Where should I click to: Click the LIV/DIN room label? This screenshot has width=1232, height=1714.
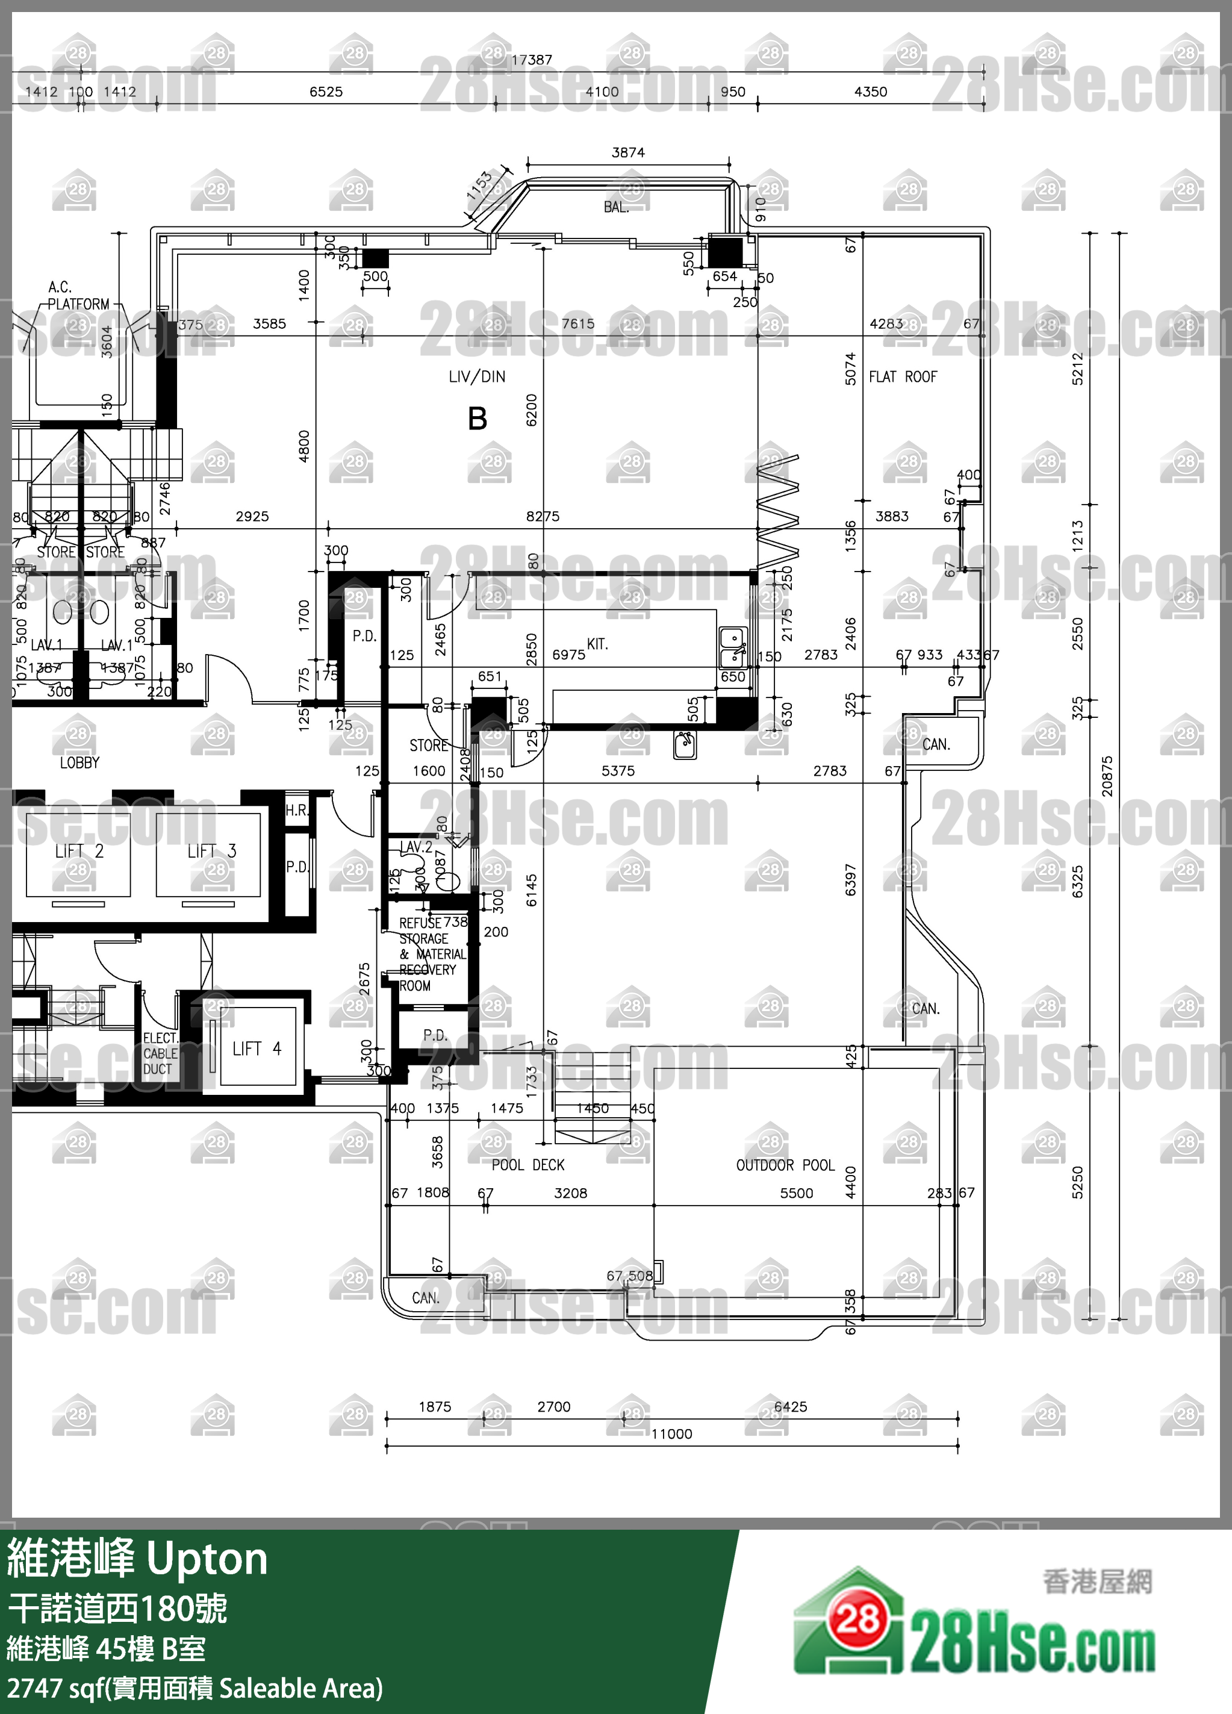click(x=477, y=376)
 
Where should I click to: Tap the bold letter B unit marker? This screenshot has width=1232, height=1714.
click(x=478, y=419)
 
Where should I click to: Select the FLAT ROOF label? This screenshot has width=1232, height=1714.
click(x=903, y=376)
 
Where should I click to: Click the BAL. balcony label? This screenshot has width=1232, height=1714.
click(x=616, y=207)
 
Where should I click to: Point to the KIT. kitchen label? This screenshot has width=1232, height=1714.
click(x=597, y=644)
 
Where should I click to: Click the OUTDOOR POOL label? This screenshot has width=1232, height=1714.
click(x=785, y=1165)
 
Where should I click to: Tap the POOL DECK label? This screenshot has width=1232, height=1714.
click(x=527, y=1165)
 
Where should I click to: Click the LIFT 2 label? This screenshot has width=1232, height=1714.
click(x=79, y=851)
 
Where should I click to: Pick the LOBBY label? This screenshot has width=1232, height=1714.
click(x=79, y=762)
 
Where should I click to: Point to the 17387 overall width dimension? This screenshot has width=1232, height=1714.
click(x=531, y=60)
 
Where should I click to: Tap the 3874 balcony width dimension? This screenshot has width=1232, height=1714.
click(x=628, y=152)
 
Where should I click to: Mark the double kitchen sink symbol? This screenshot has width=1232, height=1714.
click(x=732, y=647)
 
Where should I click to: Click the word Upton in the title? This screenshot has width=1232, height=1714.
click(x=207, y=1559)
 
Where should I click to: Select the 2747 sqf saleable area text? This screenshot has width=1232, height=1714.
click(x=195, y=1688)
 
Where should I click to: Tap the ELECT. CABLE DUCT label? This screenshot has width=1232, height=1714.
click(x=160, y=1053)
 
